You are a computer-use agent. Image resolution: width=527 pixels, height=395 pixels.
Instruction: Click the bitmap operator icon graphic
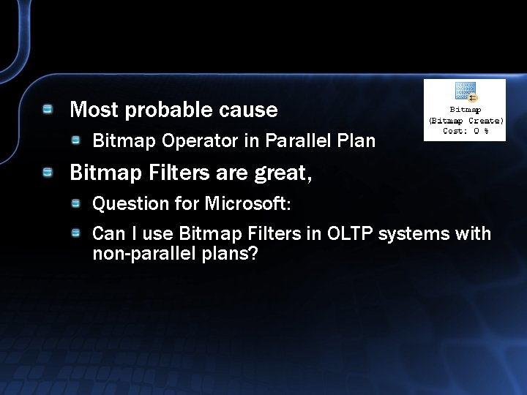coord(466,93)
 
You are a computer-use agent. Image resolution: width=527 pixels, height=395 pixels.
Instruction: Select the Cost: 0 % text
coord(466,131)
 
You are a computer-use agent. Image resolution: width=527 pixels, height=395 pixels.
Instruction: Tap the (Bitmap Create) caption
coord(466,120)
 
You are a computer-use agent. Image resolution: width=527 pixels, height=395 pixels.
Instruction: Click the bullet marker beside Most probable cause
coord(48,110)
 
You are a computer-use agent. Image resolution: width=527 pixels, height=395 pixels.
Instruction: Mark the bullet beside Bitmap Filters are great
coord(48,173)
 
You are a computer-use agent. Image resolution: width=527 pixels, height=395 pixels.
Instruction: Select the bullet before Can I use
coord(76,233)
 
